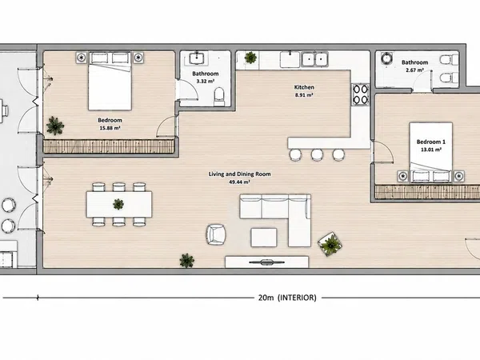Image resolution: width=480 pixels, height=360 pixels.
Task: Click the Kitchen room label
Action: point(304,87)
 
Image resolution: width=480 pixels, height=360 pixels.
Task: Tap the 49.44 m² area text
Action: point(239,182)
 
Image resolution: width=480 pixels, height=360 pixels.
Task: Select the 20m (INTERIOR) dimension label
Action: point(287,298)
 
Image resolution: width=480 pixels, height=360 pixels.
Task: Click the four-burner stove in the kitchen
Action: point(360,94)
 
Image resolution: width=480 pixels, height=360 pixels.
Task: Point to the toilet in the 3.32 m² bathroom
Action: point(219,96)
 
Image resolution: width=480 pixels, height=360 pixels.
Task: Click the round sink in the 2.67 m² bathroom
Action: point(387,58)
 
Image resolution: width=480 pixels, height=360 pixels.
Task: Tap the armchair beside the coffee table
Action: point(216,234)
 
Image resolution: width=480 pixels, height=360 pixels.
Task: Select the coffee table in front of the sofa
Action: point(264,238)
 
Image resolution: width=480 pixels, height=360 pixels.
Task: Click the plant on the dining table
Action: point(118,204)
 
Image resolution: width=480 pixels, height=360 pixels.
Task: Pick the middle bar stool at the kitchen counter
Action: point(317,154)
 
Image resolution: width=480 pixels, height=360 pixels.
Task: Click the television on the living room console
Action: point(266,262)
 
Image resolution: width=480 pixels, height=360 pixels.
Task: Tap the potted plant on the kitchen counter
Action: point(250,58)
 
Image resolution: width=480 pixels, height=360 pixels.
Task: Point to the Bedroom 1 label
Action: point(431,142)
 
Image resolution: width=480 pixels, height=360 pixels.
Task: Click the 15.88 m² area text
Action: point(110,128)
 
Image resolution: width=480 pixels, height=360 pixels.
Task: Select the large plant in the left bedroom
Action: point(55,126)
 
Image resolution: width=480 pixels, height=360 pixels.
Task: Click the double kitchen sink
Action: point(314,58)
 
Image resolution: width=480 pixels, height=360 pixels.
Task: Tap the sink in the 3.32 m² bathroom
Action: point(197,58)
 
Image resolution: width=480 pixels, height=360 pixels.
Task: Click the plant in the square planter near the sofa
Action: point(330,244)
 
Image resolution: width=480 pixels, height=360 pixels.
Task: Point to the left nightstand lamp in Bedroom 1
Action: point(403,176)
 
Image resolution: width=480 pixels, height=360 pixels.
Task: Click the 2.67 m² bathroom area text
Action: point(414,70)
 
